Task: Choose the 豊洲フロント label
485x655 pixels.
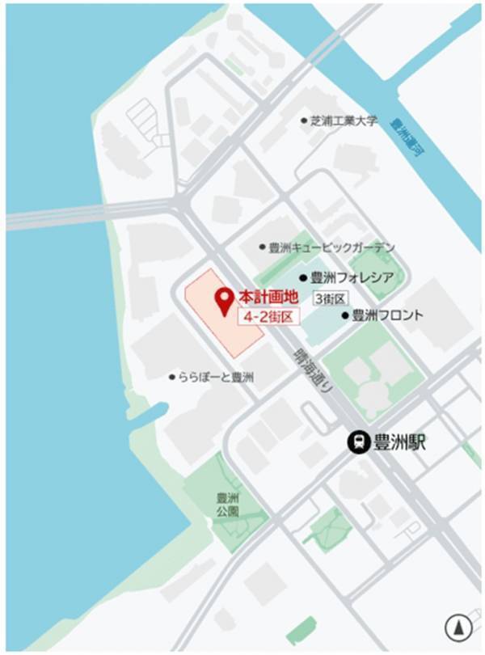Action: [x=387, y=315]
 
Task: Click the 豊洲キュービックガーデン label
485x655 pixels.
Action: [x=331, y=247]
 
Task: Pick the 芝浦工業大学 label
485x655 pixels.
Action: [x=344, y=121]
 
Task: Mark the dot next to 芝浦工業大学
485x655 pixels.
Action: [x=305, y=121]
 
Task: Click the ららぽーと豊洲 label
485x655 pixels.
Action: [x=217, y=377]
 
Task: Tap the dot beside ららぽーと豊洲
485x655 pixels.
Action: [x=172, y=377]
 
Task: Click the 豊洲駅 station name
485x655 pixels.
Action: [x=399, y=442]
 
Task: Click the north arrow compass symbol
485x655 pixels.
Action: [x=458, y=628]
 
